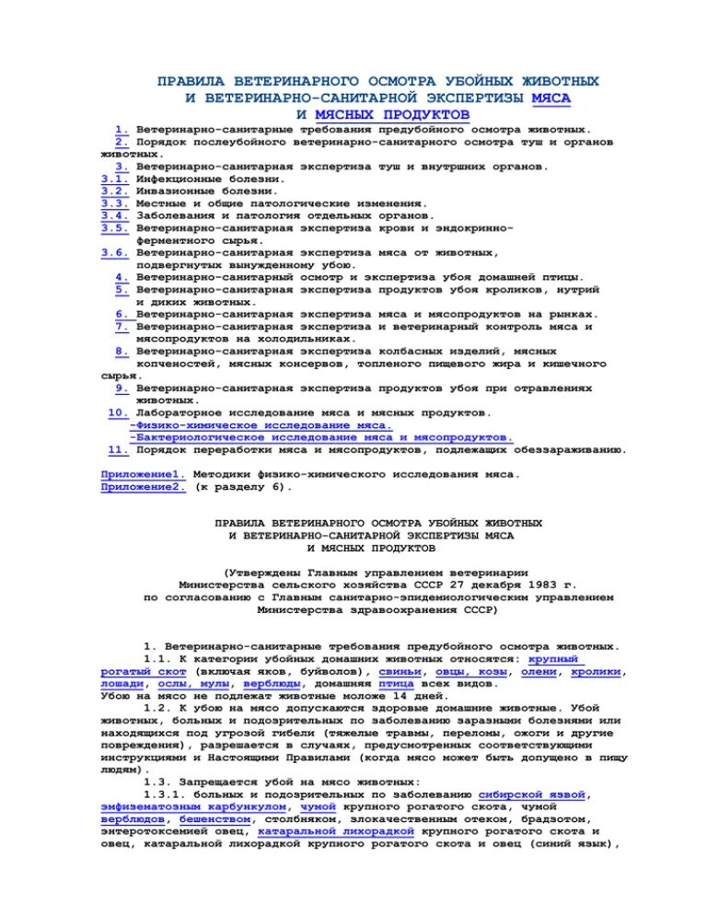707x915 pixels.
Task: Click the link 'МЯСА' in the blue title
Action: [x=557, y=97]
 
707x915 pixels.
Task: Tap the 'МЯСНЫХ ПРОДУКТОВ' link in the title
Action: [x=392, y=113]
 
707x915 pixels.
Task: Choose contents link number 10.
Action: [x=118, y=413]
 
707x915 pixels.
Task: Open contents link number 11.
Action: [x=118, y=450]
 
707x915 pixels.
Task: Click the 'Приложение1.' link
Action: [x=143, y=475]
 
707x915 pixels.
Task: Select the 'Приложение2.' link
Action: [x=143, y=487]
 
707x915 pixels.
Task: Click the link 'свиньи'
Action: [x=400, y=672]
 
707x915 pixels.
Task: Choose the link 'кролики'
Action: [x=597, y=672]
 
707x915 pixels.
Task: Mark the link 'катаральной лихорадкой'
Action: [x=337, y=829]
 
